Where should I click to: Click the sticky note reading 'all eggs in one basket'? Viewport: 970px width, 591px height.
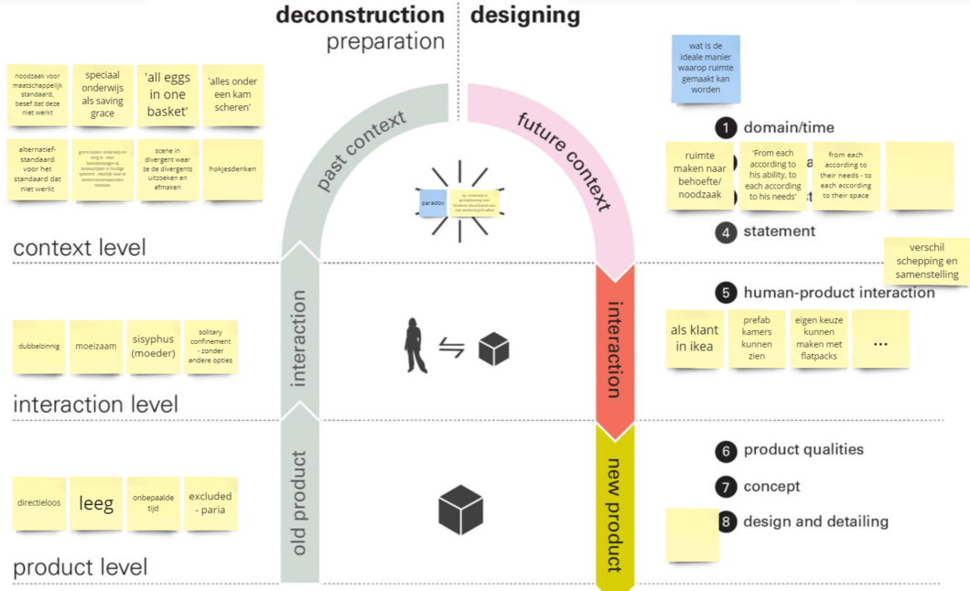(x=167, y=95)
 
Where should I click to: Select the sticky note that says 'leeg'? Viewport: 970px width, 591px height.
(x=96, y=502)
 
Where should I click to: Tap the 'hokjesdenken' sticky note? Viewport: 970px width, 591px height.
(x=232, y=169)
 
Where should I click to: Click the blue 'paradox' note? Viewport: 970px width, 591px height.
(x=432, y=202)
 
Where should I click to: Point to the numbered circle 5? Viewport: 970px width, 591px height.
(x=726, y=294)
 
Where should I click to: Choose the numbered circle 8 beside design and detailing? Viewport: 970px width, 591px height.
(x=727, y=521)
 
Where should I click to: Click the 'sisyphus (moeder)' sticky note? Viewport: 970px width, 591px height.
(x=153, y=346)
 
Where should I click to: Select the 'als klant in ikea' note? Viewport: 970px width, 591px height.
(x=695, y=338)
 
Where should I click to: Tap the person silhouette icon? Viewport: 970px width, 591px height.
(x=416, y=345)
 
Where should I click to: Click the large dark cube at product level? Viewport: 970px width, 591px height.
(x=460, y=510)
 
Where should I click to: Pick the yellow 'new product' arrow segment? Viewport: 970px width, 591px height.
(x=614, y=508)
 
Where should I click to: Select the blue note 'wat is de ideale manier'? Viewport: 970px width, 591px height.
(x=706, y=69)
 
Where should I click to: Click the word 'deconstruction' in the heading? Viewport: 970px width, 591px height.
(x=360, y=15)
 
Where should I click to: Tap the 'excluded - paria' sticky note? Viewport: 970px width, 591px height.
(x=210, y=502)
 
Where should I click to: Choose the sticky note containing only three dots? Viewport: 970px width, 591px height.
(x=880, y=339)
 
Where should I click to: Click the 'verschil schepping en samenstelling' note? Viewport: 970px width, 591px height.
(x=926, y=261)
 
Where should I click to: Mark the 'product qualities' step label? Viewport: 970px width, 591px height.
(x=803, y=450)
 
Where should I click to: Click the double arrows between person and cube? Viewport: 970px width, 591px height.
(x=452, y=349)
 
